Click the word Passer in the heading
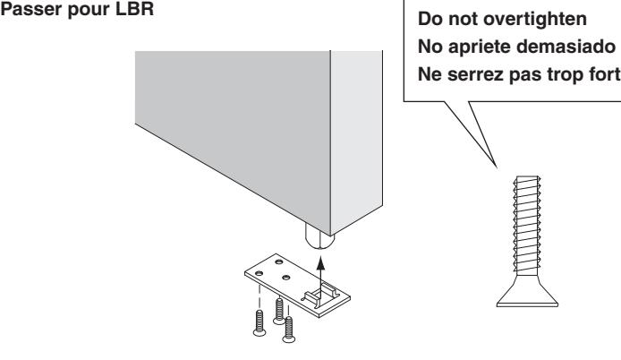click(x=31, y=9)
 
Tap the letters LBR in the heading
click(x=134, y=9)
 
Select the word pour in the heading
click(x=89, y=11)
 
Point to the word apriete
click(x=480, y=47)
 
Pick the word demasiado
click(x=566, y=47)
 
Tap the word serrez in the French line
click(x=473, y=75)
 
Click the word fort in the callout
click(x=604, y=74)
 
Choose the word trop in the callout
click(x=566, y=75)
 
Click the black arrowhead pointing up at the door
click(x=321, y=263)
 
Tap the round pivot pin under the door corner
click(x=319, y=236)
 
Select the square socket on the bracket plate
click(x=321, y=295)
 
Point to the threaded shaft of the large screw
click(x=527, y=225)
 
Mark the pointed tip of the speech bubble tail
click(x=497, y=167)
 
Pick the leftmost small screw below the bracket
click(x=259, y=323)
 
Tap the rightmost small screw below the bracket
click(x=289, y=330)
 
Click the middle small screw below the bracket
click(x=279, y=311)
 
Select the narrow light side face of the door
click(x=356, y=141)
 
